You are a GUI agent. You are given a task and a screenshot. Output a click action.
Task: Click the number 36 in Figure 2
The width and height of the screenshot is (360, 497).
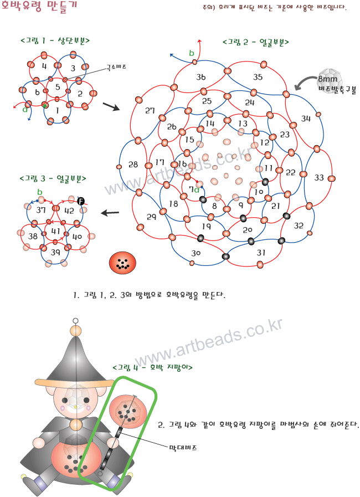click(201, 76)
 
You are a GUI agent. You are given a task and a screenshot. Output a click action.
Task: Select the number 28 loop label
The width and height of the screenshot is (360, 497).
click(133, 165)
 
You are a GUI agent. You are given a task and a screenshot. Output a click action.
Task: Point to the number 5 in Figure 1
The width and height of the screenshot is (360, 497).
click(58, 87)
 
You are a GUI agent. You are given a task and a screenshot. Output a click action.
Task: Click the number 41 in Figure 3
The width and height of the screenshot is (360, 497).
click(56, 230)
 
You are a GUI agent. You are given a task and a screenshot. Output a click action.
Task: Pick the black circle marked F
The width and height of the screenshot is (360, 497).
click(81, 201)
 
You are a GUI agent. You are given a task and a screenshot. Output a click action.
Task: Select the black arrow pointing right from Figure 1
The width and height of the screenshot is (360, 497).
click(111, 106)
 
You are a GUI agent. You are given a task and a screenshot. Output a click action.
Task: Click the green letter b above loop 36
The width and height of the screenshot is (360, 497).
click(192, 53)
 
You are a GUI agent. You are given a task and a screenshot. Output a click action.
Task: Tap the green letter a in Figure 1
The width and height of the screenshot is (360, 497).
click(25, 109)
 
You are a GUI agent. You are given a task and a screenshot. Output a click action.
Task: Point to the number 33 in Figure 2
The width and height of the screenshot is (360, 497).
click(318, 178)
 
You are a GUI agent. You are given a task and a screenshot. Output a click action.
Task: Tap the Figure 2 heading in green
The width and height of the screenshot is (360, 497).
click(255, 42)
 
